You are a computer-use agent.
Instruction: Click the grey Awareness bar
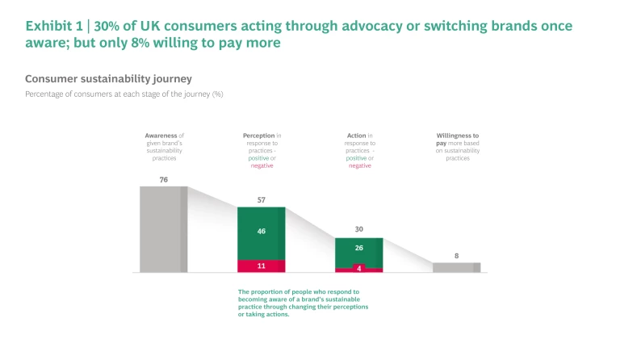(163, 229)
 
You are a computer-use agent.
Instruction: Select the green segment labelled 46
(261, 232)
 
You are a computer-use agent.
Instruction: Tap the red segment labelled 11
(261, 266)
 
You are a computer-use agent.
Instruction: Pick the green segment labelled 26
(358, 250)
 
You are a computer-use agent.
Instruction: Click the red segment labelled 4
(358, 268)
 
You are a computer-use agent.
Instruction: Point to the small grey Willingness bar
(456, 267)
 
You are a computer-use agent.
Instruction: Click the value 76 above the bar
(163, 179)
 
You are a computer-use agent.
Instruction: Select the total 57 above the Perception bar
(261, 199)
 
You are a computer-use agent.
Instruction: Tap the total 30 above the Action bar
(358, 229)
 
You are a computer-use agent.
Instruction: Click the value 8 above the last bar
(456, 255)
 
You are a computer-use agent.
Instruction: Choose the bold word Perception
(258, 136)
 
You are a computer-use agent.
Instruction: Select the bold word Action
(355, 136)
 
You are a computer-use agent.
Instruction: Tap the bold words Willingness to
(457, 136)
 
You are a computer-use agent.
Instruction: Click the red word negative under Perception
(262, 165)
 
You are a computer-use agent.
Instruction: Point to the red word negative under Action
(359, 165)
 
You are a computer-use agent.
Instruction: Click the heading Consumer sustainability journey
(108, 79)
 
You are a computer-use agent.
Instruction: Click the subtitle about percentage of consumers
(124, 94)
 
